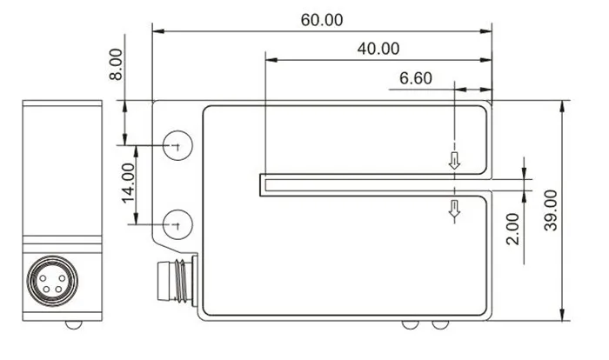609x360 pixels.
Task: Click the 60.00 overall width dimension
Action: click(323, 19)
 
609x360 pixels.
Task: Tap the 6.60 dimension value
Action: click(415, 77)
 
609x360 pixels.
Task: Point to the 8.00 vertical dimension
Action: click(117, 65)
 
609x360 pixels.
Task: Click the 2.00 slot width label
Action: click(512, 229)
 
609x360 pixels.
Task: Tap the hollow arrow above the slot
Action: click(453, 160)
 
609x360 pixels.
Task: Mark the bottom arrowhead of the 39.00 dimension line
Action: click(563, 314)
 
